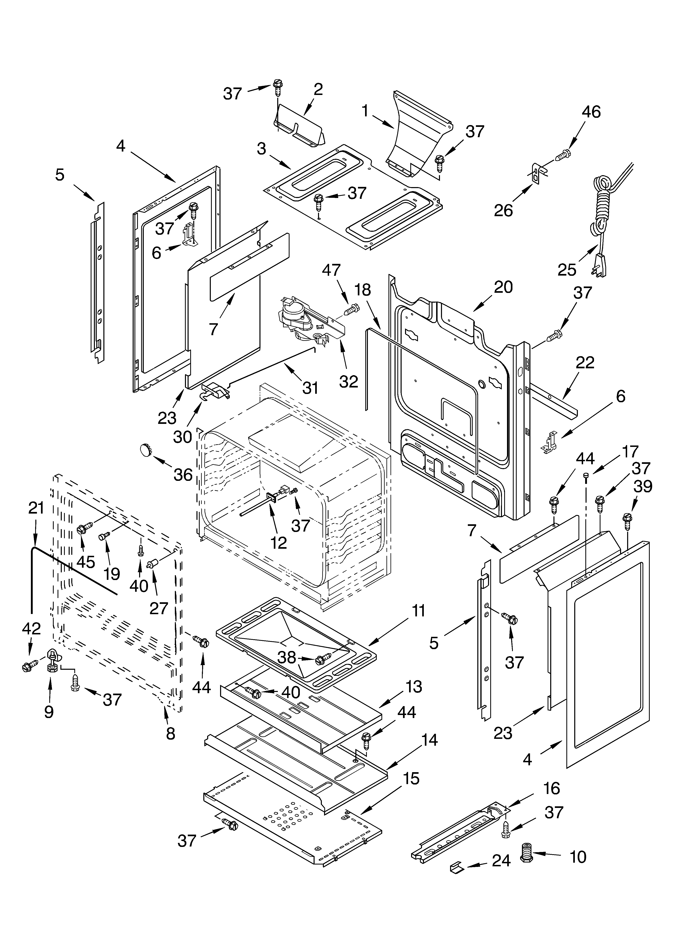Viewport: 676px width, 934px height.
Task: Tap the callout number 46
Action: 591,112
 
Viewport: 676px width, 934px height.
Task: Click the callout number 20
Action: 503,287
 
